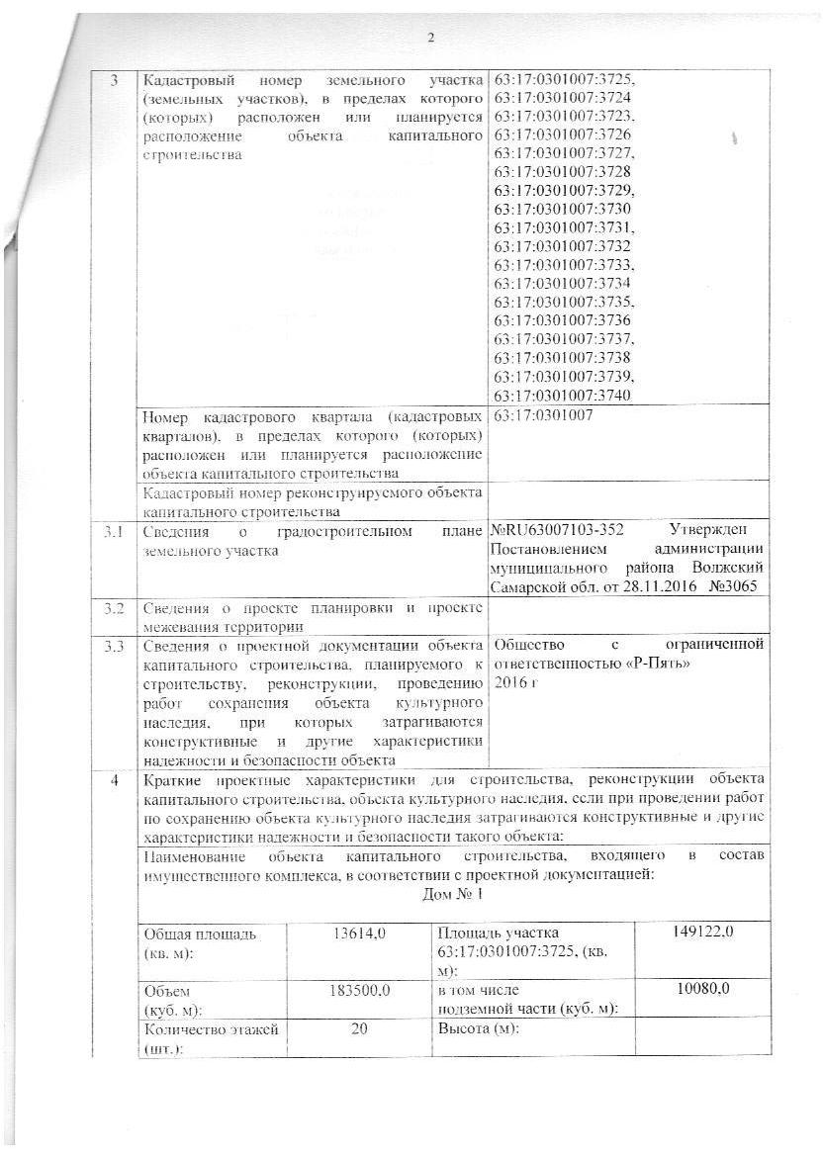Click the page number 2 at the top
[430, 38]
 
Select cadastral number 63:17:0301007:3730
[562, 209]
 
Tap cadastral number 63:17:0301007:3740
[562, 395]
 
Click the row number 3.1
[114, 534]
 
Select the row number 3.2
[114, 608]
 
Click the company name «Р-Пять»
[655, 664]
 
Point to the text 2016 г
[512, 682]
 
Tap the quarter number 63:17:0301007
[542, 415]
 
